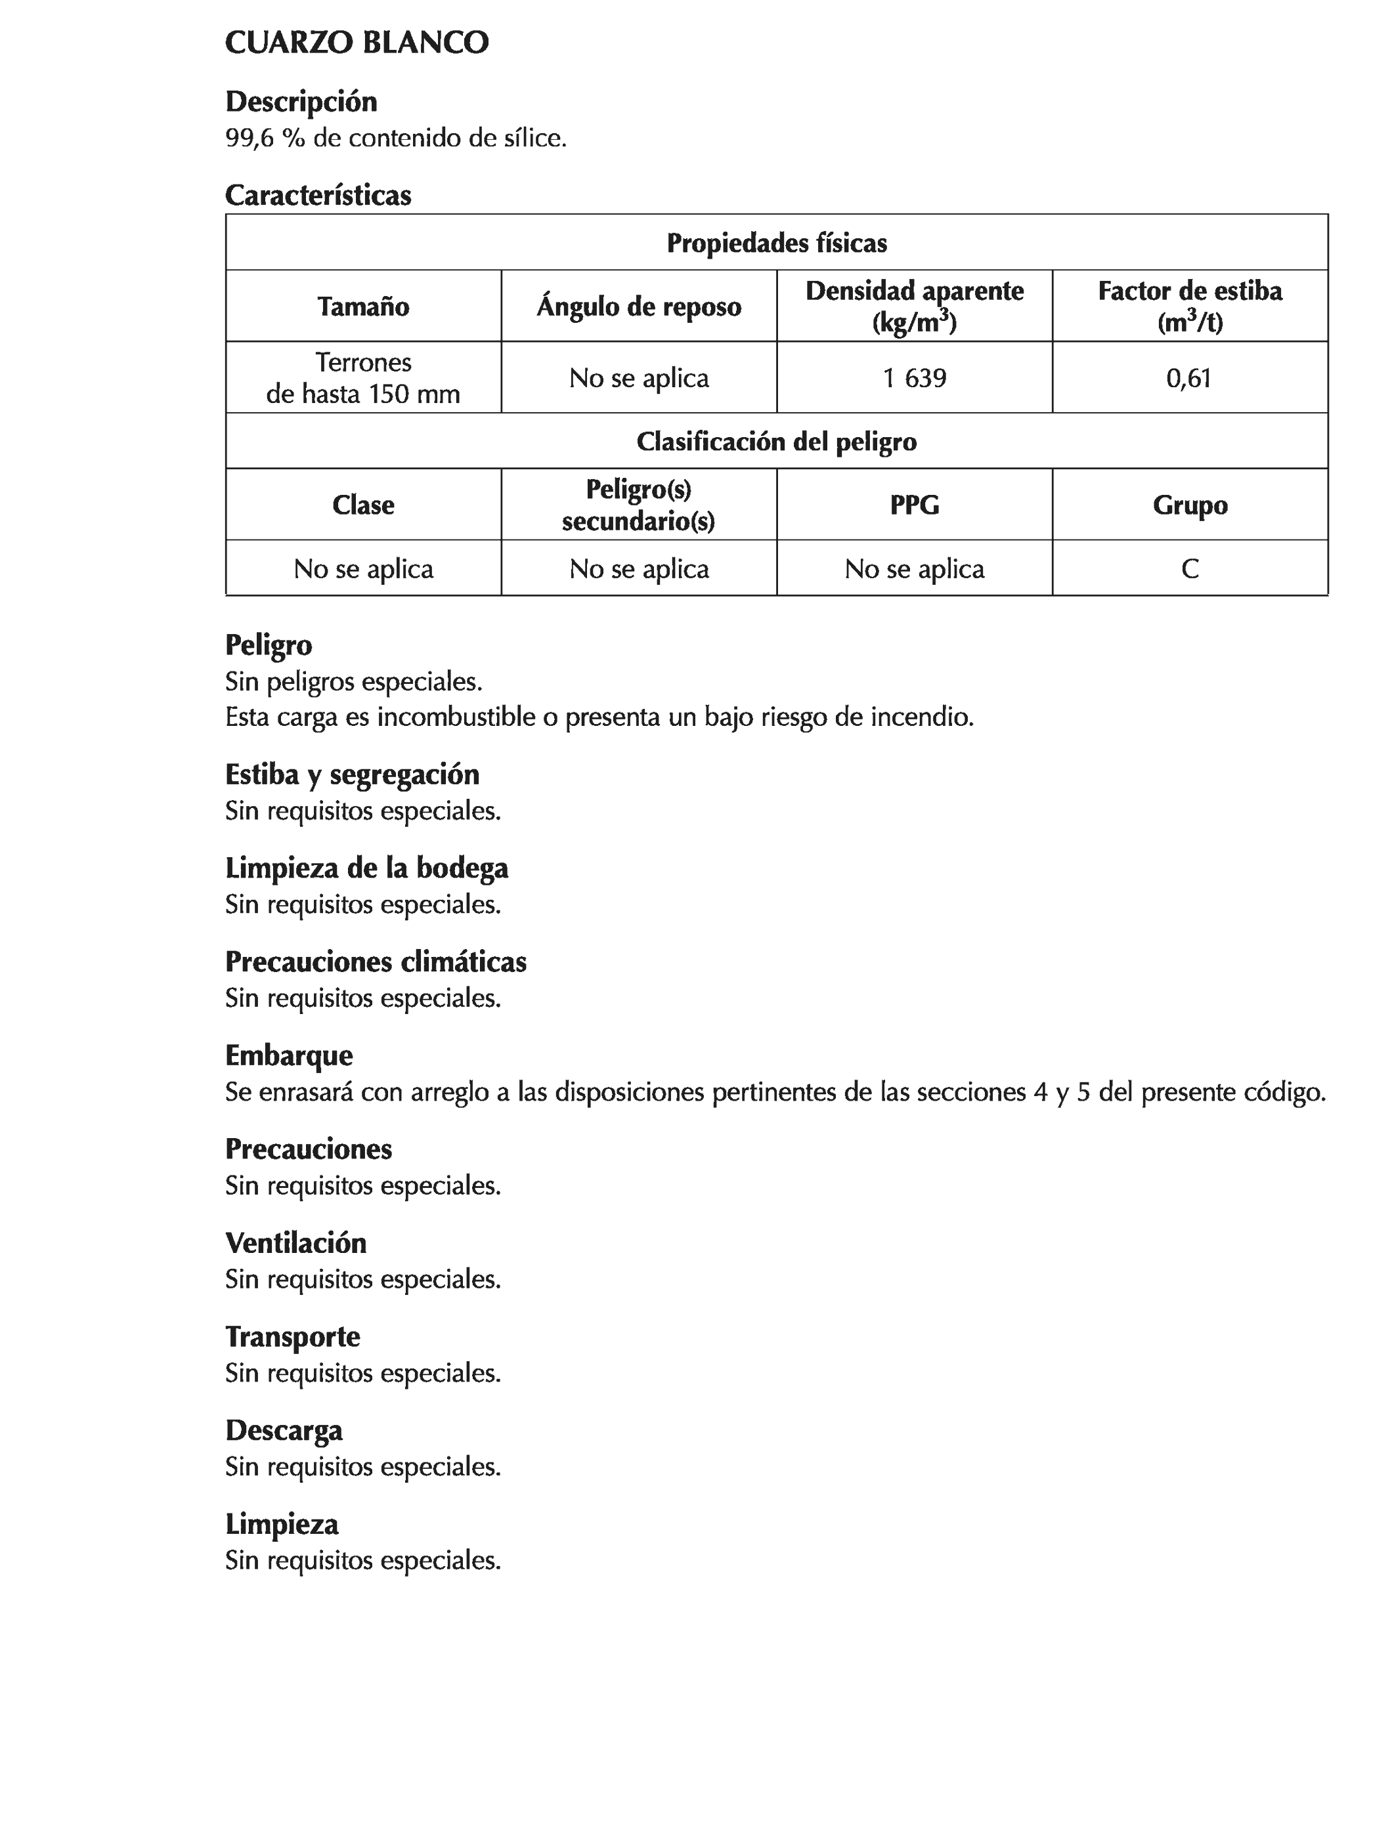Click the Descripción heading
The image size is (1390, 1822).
pyautogui.click(x=301, y=102)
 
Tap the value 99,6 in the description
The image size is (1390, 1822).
pyautogui.click(x=249, y=138)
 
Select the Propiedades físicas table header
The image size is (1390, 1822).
pyautogui.click(x=776, y=243)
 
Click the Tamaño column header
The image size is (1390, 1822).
pyautogui.click(x=363, y=307)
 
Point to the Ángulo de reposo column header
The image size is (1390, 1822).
pyautogui.click(x=639, y=307)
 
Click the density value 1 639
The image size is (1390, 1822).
pyautogui.click(x=914, y=378)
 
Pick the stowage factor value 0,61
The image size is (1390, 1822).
pyautogui.click(x=1189, y=378)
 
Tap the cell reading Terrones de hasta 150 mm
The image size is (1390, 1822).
pyautogui.click(x=363, y=378)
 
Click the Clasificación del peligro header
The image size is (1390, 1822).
pyautogui.click(x=776, y=442)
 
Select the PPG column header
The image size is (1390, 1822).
pyautogui.click(x=914, y=505)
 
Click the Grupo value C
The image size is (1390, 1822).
pyautogui.click(x=1190, y=569)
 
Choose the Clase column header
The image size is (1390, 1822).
pyautogui.click(x=363, y=505)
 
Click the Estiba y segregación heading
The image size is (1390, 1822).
pyautogui.click(x=353, y=775)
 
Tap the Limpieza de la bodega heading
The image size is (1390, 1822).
pyautogui.click(x=366, y=868)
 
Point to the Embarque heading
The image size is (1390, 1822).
pyautogui.click(x=289, y=1056)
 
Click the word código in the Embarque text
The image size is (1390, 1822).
pyautogui.click(x=1284, y=1093)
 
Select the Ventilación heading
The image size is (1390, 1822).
pyautogui.click(x=295, y=1243)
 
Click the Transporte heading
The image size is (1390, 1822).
pyautogui.click(x=293, y=1338)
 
